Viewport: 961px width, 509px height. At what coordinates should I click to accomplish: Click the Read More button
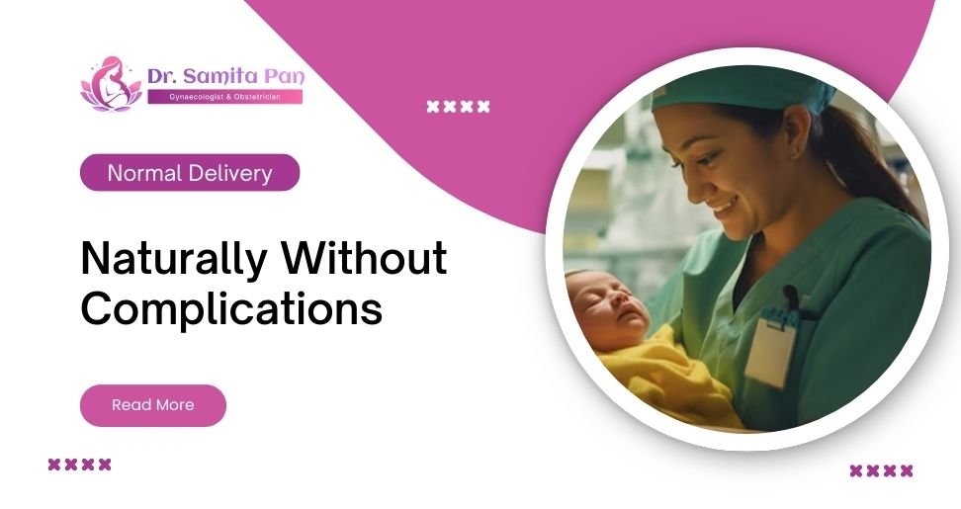tap(152, 405)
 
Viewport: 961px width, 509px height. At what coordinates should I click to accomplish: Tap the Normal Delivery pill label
tap(189, 173)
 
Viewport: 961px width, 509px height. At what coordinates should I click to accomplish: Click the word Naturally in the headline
tap(173, 260)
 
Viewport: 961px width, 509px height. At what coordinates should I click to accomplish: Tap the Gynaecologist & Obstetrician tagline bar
tap(224, 97)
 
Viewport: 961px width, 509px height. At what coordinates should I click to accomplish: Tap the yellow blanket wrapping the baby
tap(653, 381)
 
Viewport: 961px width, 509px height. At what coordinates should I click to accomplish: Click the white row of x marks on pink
tap(458, 107)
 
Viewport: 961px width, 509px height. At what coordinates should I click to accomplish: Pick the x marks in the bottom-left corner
tap(79, 465)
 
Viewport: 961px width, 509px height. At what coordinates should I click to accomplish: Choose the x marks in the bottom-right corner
tap(881, 470)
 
